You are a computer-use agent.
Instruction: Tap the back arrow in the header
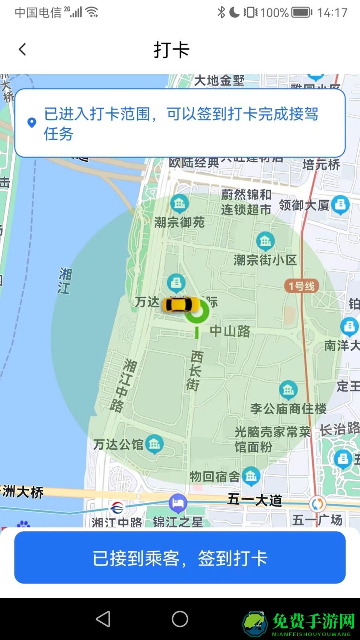[22, 50]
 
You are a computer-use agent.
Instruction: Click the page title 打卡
[171, 50]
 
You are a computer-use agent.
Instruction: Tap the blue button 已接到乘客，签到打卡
[180, 558]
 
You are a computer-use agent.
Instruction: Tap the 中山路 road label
[230, 331]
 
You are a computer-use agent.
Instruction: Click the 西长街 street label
[195, 370]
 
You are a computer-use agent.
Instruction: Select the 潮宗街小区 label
[265, 260]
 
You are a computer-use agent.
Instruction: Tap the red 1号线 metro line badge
[302, 286]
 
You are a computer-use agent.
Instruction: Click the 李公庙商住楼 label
[288, 409]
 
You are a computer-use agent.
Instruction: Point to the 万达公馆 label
[118, 444]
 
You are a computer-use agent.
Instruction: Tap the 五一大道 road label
[255, 500]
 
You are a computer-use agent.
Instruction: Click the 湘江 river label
[65, 281]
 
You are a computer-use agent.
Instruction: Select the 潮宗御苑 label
[180, 222]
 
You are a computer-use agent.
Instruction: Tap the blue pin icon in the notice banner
[32, 123]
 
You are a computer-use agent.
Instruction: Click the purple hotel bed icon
[178, 503]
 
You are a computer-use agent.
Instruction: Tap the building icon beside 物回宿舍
[251, 476]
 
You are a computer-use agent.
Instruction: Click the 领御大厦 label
[304, 205]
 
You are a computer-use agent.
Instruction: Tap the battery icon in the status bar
[302, 13]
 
